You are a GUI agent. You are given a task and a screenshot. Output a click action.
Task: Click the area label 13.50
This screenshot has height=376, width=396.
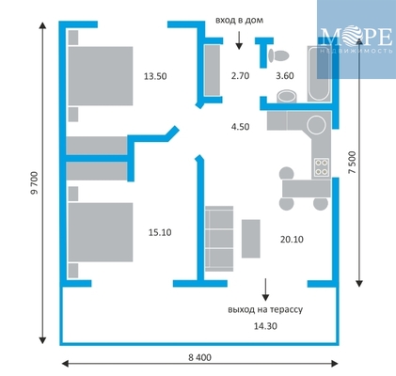tap(155, 76)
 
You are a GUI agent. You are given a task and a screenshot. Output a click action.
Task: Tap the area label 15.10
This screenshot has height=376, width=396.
tap(160, 232)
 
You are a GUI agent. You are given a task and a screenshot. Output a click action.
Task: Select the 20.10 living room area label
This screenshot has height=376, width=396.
tap(292, 240)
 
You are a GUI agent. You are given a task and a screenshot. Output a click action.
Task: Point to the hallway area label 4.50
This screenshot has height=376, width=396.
tap(240, 127)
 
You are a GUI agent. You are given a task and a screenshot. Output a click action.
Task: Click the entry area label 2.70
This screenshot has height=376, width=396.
tap(240, 76)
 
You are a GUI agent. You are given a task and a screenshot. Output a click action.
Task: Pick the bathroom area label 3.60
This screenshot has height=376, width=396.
tap(285, 76)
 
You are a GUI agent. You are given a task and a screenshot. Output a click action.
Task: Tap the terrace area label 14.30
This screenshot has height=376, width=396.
tap(265, 326)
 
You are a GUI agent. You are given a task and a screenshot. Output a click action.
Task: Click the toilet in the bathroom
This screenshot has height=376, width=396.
tap(278, 55)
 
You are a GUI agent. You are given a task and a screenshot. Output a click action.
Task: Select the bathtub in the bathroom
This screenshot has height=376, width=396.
tap(319, 74)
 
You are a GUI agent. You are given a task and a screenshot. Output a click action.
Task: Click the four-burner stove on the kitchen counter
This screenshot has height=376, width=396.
tap(322, 167)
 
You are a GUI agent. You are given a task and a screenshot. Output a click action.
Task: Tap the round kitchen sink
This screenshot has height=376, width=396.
tap(316, 124)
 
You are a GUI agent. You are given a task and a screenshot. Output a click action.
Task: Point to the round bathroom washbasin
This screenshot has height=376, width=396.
tap(287, 96)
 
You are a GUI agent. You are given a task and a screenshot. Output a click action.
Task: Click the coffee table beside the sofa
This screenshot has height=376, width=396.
tap(250, 239)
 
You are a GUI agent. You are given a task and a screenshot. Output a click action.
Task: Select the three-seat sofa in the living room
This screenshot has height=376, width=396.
tap(219, 239)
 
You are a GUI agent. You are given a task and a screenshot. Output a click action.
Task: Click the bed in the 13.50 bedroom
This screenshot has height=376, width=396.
tap(101, 76)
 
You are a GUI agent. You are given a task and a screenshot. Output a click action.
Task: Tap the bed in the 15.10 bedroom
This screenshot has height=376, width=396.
tap(101, 232)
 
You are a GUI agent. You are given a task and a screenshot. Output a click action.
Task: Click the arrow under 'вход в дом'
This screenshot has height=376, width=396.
tap(239, 40)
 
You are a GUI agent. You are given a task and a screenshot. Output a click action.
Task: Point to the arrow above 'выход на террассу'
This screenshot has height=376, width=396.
tap(265, 290)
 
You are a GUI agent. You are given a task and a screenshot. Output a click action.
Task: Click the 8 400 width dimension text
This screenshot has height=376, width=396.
tap(199, 357)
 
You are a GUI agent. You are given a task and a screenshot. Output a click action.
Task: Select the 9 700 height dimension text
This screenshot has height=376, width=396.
tap(34, 182)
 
